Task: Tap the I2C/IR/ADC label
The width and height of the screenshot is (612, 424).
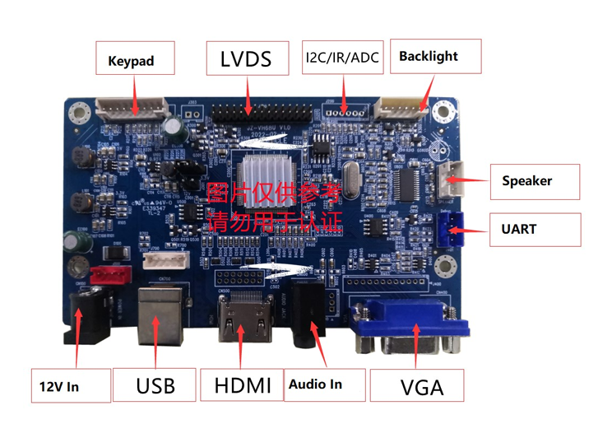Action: (x=342, y=58)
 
